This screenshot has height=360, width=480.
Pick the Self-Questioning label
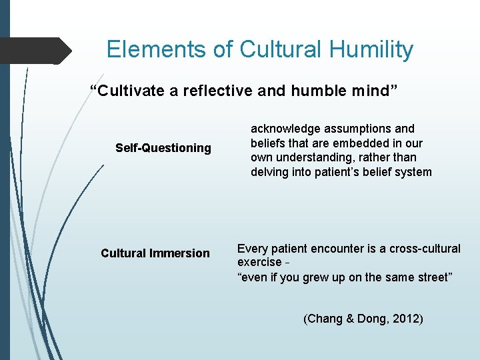163,148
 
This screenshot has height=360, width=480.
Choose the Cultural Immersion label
155,253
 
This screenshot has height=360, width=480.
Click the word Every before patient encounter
252,249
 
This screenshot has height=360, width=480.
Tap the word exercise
259,262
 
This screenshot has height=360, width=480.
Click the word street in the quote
432,277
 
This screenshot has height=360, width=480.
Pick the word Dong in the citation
367,319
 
